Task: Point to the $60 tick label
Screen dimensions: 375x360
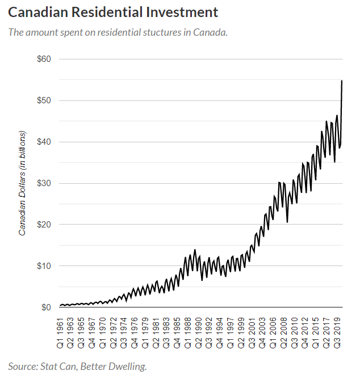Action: [44, 59]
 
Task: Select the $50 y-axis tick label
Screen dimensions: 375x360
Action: [44, 100]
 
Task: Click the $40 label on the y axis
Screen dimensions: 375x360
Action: [44, 142]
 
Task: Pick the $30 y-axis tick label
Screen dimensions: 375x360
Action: [44, 183]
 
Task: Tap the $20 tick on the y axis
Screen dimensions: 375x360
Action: [44, 225]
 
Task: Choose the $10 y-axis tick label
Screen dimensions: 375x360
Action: [44, 266]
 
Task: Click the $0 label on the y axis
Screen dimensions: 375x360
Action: [47, 307]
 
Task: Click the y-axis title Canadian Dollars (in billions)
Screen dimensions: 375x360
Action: [23, 183]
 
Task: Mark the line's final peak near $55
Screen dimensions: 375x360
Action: [342, 81]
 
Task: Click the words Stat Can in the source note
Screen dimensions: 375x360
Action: [57, 366]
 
